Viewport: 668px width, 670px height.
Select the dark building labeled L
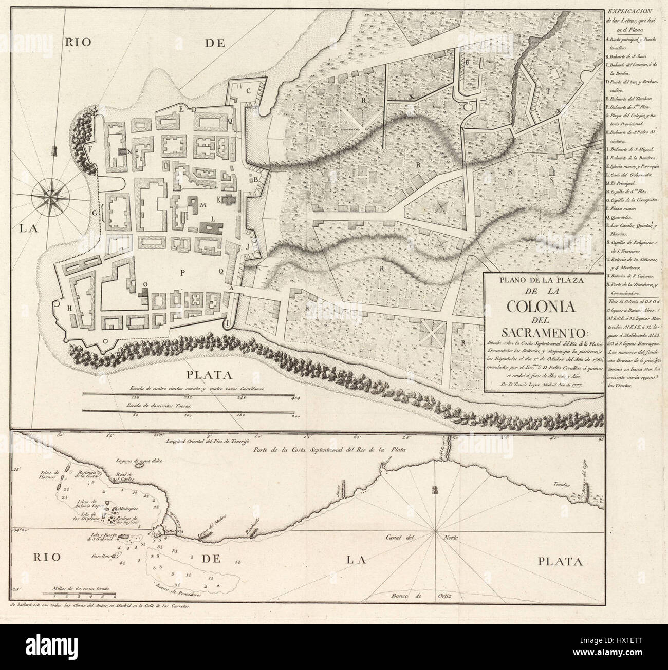click(211, 226)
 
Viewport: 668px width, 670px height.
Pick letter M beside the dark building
click(203, 205)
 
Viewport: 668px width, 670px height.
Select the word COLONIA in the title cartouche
click(544, 306)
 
